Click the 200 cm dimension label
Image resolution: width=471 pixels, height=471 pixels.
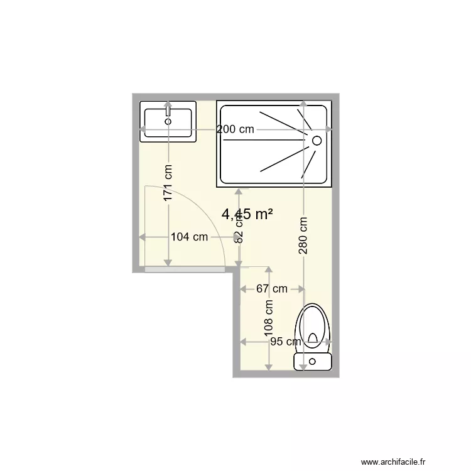235,129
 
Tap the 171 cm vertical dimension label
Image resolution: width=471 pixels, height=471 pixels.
168,183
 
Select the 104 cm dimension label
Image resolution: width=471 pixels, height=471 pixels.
189,237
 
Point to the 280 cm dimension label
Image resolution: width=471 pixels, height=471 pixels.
303,235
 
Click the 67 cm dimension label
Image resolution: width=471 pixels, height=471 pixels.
272,289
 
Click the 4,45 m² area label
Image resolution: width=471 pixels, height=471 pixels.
247,214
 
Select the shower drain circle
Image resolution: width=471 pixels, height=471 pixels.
317,140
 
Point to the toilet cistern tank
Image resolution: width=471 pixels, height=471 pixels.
313,361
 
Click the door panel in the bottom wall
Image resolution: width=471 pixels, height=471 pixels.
185,269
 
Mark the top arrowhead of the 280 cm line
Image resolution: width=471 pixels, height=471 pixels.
303,104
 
